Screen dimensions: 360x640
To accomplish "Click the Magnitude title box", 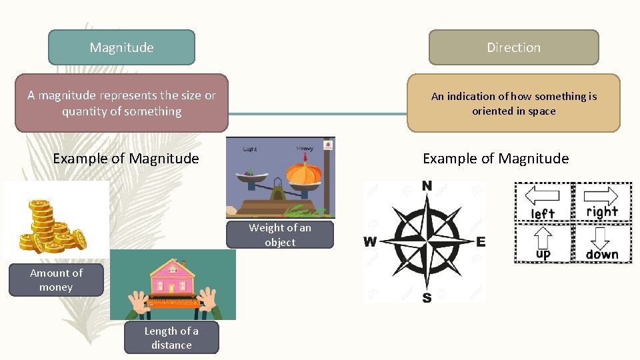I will pyautogui.click(x=121, y=47).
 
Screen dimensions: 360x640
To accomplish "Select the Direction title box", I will pyautogui.click(x=513, y=47).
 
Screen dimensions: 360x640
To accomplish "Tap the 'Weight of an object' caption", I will pyautogui.click(x=280, y=235).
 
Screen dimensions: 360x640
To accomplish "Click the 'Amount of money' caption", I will pyautogui.click(x=56, y=280).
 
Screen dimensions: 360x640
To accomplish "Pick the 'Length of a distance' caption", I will pyautogui.click(x=171, y=338).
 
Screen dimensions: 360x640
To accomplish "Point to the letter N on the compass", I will pyautogui.click(x=427, y=185).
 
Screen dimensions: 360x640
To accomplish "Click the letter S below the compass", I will pyautogui.click(x=427, y=297).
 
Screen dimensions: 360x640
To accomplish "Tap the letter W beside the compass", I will pyautogui.click(x=369, y=241).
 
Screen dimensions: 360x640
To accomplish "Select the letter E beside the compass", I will pyautogui.click(x=481, y=241).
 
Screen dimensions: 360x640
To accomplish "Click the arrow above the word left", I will pyautogui.click(x=543, y=197).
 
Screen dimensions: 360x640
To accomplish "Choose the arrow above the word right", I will pyautogui.click(x=602, y=195).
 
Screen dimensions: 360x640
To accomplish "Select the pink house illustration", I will pyautogui.click(x=173, y=277).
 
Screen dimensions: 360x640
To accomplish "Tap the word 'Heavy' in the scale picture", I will pyautogui.click(x=305, y=149).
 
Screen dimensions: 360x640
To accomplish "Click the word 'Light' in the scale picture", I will pyautogui.click(x=250, y=149).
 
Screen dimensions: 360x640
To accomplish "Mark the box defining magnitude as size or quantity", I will pyautogui.click(x=121, y=103).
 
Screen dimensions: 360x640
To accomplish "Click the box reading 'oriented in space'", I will pyautogui.click(x=513, y=103).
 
